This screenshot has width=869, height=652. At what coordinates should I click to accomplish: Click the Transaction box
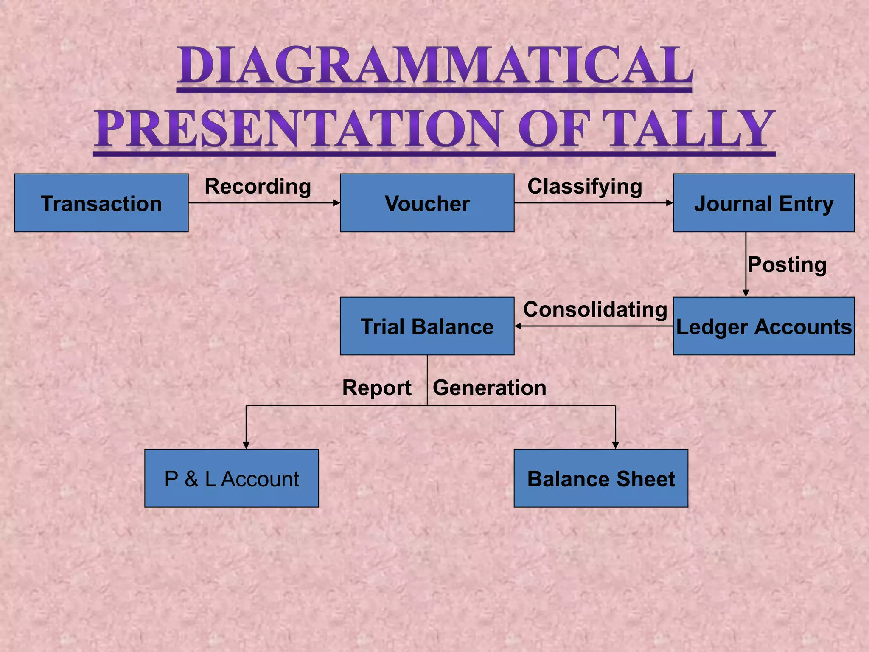(101, 203)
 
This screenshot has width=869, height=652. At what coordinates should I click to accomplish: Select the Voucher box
(427, 203)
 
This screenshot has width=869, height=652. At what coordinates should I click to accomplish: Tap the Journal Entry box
(763, 203)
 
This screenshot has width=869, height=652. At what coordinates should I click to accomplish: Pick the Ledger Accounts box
(763, 326)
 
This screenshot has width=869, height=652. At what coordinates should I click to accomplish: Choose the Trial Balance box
(427, 326)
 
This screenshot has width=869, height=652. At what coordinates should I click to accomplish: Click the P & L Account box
(231, 478)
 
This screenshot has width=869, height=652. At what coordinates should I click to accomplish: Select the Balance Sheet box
(600, 478)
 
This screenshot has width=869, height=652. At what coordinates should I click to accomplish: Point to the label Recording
(258, 186)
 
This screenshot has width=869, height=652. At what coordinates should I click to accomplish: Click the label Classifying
(584, 186)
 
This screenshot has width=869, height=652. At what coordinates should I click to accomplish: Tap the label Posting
(787, 264)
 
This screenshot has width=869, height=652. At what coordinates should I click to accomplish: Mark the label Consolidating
(595, 309)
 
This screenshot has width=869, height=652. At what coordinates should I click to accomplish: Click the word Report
(377, 388)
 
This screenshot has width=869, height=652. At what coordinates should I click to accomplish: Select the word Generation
(489, 388)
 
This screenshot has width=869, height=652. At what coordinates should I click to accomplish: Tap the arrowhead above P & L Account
(246, 445)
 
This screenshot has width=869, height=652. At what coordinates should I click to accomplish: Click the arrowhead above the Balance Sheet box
(615, 445)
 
